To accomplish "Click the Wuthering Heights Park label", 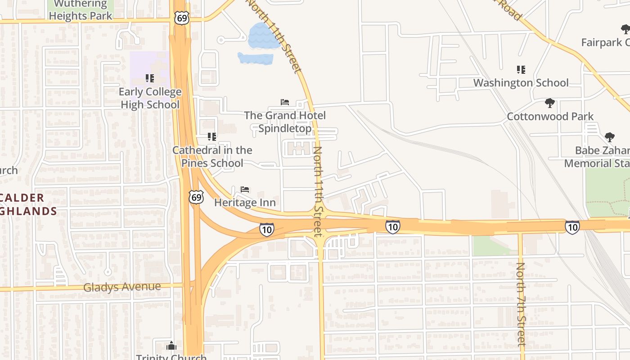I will point(81,10).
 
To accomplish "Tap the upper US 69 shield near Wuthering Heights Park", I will point(180,18).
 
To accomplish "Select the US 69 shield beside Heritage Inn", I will point(196,197).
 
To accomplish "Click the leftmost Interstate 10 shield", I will point(266,229).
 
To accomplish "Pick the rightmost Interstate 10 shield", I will point(572,227).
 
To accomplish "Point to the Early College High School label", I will point(150,98).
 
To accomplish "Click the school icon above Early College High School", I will point(150,78).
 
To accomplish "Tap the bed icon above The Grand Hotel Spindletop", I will point(285,102).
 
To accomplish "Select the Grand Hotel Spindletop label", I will point(285,122).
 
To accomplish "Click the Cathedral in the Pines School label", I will point(212,157).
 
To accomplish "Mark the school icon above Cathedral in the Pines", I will point(212,136).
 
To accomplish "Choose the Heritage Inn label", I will point(245,202).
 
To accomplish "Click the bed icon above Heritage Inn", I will point(245,189).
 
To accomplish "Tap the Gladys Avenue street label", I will point(122,287).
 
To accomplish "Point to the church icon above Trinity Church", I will point(171,346).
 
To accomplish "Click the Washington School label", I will point(521,83).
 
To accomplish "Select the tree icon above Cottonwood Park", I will point(549,103).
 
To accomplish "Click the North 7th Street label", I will point(521,304).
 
